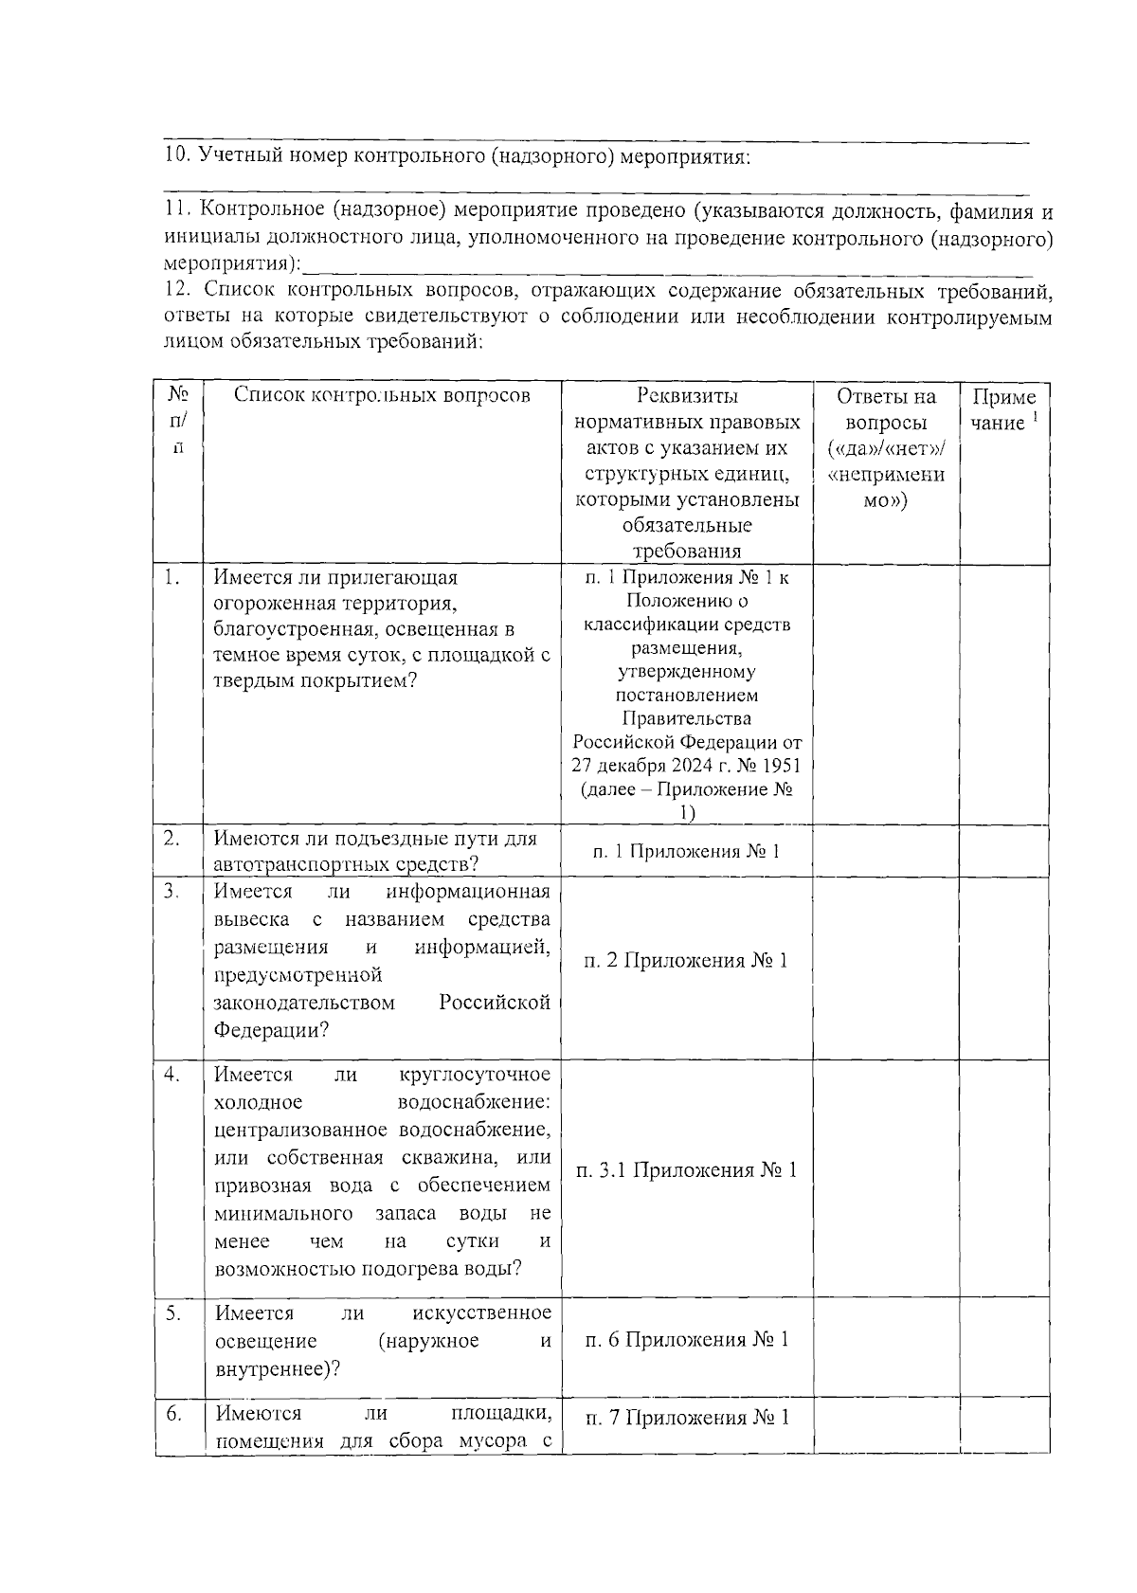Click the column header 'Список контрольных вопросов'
coord(382,395)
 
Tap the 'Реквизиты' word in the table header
coord(687,396)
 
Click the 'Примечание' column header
coord(1004,409)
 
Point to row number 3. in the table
coord(171,891)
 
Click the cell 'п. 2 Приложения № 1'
coord(687,960)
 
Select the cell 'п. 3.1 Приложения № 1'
coord(687,1169)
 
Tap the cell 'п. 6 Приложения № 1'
coord(687,1339)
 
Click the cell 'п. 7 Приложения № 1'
coord(687,1418)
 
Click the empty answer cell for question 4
coord(886,1177)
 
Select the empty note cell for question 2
coord(1004,850)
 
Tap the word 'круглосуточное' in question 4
coord(475,1075)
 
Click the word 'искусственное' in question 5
coord(482,1312)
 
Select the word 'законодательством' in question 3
coord(304,1003)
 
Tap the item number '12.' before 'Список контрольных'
coord(177,289)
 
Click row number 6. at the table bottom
coord(173,1413)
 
